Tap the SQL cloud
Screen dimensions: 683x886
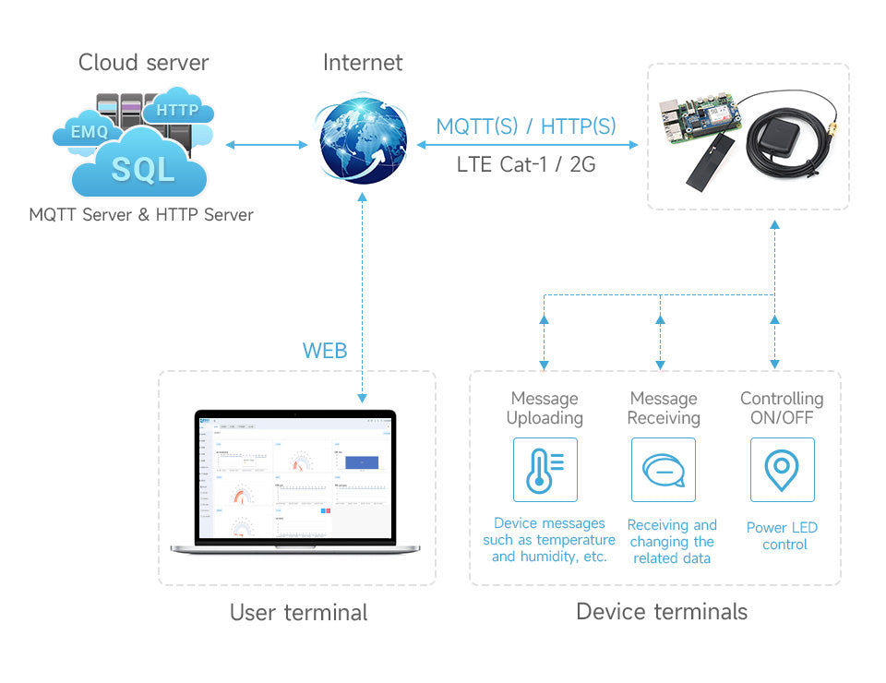coord(142,168)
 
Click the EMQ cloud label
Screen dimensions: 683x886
coord(90,132)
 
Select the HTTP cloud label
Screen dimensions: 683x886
coord(177,110)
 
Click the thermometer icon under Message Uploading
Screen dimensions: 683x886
coord(545,469)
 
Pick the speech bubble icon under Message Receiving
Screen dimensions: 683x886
coord(663,469)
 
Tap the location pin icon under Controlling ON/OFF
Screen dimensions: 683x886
coord(782,469)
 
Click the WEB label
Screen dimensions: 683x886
coord(325,351)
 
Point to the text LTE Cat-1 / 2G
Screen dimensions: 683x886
coord(526,165)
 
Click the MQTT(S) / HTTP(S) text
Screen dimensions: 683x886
coord(526,126)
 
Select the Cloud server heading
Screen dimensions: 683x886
coord(143,63)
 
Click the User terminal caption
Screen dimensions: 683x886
coord(298,612)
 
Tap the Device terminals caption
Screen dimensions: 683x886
coord(662,611)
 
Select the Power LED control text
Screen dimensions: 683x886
coord(782,536)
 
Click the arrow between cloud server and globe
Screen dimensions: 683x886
coord(266,145)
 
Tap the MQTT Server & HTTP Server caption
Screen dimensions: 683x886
coord(141,215)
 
